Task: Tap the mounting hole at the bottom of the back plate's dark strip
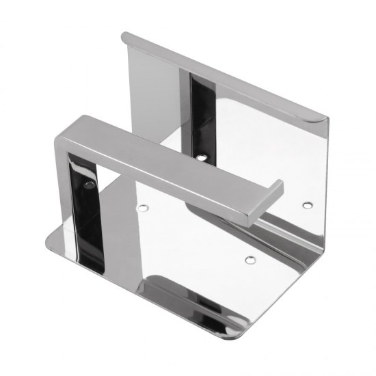[x=200, y=157]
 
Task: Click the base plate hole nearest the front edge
[x=250, y=259]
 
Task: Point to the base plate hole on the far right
[x=307, y=204]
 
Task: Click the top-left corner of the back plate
[x=125, y=36]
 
